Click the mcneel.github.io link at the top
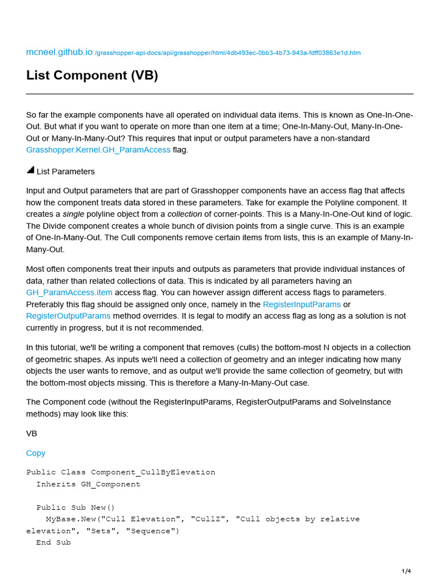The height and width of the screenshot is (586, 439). (x=59, y=52)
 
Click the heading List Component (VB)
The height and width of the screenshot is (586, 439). (x=92, y=76)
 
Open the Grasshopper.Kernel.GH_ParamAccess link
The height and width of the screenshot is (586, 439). (x=98, y=150)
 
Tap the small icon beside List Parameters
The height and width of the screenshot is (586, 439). (x=30, y=171)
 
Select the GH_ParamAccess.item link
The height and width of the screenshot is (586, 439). (x=69, y=292)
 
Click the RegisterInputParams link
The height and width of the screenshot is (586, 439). (x=301, y=304)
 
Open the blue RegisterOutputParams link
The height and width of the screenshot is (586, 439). (x=68, y=316)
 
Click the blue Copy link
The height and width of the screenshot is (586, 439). (x=35, y=453)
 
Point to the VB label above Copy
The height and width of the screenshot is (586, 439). (x=31, y=433)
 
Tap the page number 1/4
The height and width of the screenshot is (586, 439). (x=406, y=571)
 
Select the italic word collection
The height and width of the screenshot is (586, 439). (x=185, y=214)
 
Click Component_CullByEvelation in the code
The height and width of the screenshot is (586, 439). (x=153, y=472)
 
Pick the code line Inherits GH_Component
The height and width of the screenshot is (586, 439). (x=88, y=484)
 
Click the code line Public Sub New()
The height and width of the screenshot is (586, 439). (x=75, y=508)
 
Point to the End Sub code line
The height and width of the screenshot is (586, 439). (x=53, y=543)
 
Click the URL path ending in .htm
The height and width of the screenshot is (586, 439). (x=228, y=53)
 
